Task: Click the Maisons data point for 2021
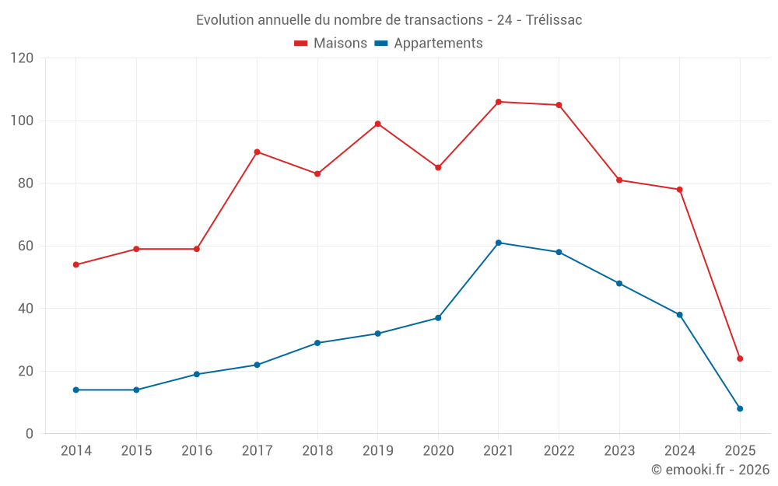pos(499,102)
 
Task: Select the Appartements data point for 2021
pos(499,243)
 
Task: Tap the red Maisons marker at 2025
pos(740,358)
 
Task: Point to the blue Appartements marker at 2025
pos(740,408)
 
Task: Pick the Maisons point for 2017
pos(257,152)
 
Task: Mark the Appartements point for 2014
pos(76,390)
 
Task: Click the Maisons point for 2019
pos(378,124)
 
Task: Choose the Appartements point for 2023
pos(619,283)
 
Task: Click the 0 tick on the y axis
pos(30,434)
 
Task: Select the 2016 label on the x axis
pos(197,451)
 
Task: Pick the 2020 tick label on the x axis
pos(438,451)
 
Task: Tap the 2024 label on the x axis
pos(679,451)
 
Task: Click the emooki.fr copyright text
pos(710,470)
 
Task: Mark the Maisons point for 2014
pos(76,264)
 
